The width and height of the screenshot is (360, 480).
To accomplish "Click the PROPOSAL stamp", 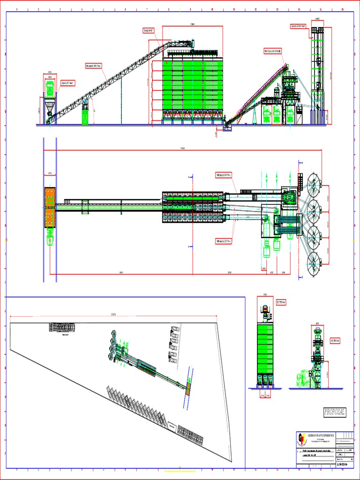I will click(334, 412).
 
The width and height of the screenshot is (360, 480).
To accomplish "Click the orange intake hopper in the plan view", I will click(50, 207).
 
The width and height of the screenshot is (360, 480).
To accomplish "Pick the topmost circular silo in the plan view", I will click(314, 182).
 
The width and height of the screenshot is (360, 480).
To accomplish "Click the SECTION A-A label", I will click(281, 302).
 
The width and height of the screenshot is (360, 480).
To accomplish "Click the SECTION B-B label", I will click(335, 340).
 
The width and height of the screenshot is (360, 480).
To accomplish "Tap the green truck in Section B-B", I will click(303, 379).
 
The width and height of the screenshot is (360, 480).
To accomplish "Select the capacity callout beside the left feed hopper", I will click(67, 83).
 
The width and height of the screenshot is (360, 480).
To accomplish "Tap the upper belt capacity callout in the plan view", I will click(224, 175).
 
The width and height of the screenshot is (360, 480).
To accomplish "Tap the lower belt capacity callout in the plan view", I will click(224, 241).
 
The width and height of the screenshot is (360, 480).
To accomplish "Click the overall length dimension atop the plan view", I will click(182, 149).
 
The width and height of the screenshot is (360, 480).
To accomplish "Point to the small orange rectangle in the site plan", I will click(187, 389).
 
